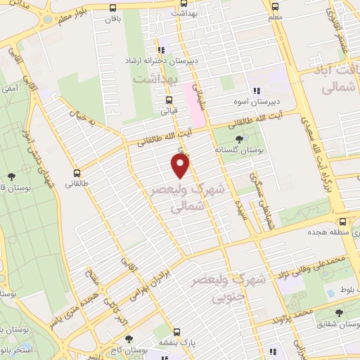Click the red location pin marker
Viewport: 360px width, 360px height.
tap(181, 165)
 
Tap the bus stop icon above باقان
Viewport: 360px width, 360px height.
tap(114, 8)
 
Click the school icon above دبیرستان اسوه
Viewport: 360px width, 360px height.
tap(257, 91)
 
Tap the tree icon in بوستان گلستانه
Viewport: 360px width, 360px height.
tap(249, 139)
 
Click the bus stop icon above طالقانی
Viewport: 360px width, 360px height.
tap(77, 173)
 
